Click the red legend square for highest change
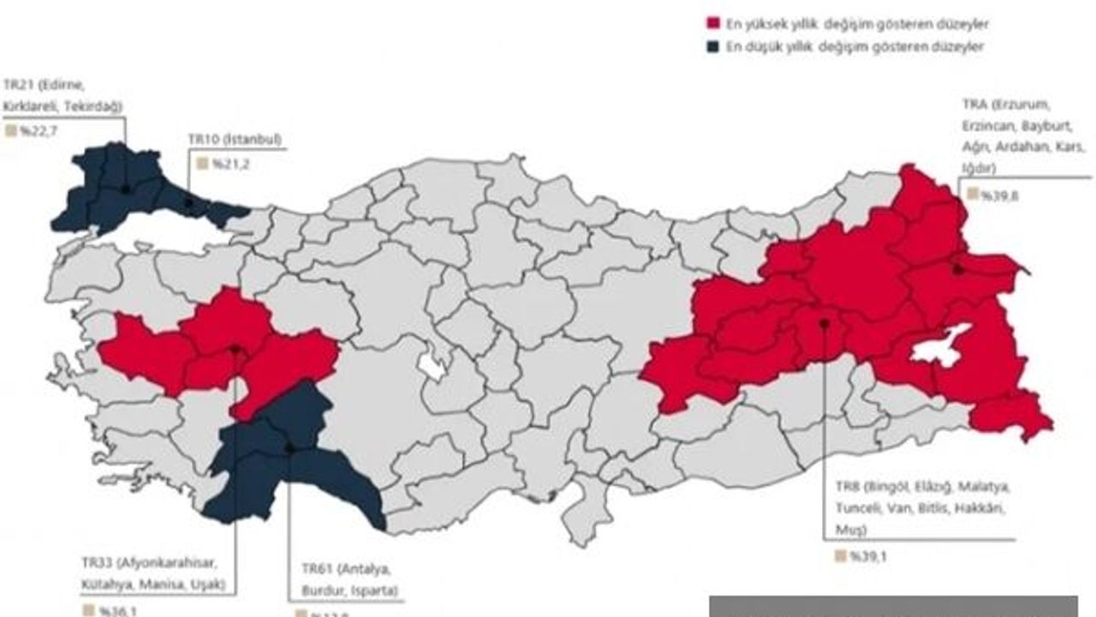pos(711,25)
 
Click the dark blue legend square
pos(711,47)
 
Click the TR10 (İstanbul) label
pos(235,139)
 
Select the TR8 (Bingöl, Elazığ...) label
pos(922,509)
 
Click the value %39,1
pos(869,556)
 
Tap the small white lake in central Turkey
pos(432,367)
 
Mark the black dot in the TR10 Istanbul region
pos(189,204)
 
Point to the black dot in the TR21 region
pos(125,189)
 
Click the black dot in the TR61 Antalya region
pos(289,447)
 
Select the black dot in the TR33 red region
pos(235,349)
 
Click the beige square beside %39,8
pos(972,195)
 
